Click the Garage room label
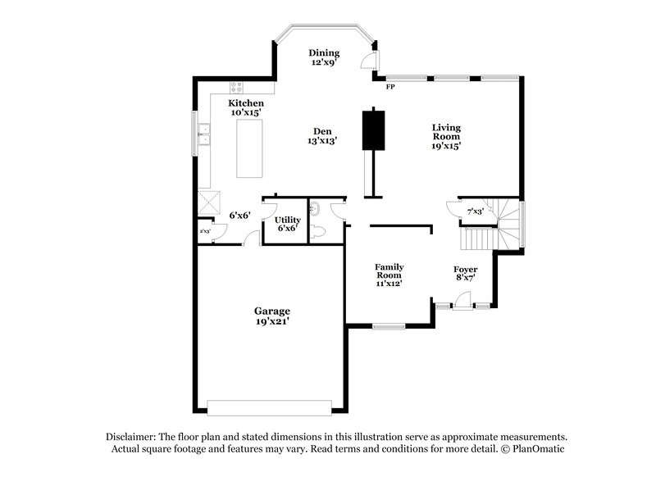(271, 316)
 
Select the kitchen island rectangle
(249, 148)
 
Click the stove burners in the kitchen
(237, 87)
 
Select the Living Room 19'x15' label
(446, 137)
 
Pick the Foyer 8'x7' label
(465, 274)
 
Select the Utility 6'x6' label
(287, 224)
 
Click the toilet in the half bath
(321, 232)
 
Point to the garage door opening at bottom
(269, 407)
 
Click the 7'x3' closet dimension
(475, 211)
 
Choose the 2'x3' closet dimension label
(205, 231)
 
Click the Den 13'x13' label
(323, 136)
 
